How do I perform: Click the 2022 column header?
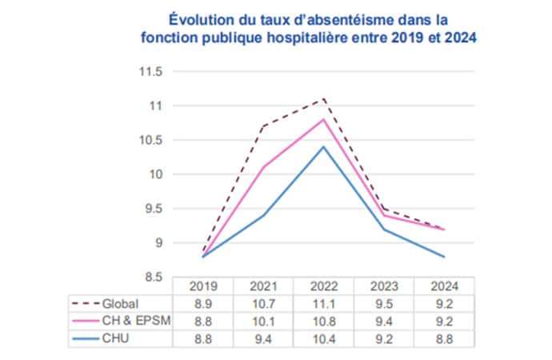coord(322,286)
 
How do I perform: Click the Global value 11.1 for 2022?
coord(322,303)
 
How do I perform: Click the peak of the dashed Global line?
coord(322,99)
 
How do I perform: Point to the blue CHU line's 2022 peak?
coord(322,146)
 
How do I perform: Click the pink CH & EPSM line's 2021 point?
coord(265,167)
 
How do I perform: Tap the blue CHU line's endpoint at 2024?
coord(444,257)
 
